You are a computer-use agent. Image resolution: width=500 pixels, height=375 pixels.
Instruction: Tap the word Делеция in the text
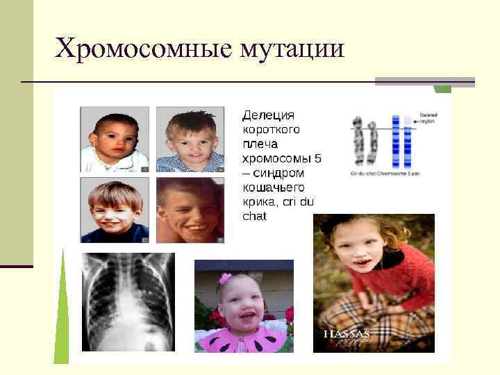point(268,115)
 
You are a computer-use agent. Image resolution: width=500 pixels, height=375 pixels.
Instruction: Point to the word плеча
point(260,144)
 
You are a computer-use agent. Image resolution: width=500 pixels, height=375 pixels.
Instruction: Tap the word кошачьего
point(273,187)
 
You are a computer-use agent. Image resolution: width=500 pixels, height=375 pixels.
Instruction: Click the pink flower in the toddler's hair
point(225,278)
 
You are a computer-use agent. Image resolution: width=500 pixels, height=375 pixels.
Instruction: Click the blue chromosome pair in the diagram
point(401,139)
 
